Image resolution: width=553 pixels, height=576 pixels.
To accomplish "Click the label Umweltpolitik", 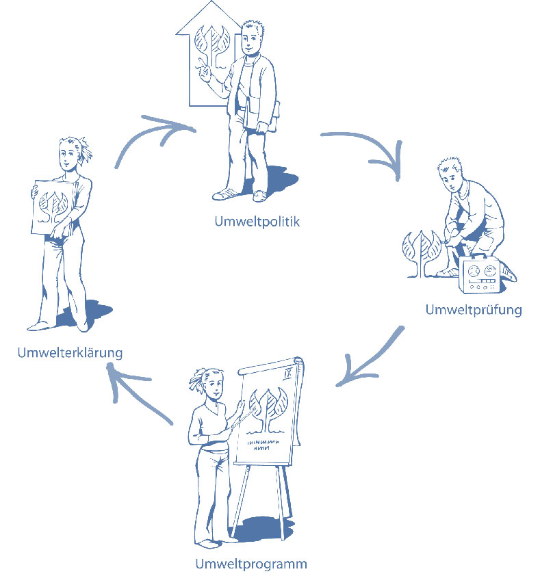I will [x=257, y=222].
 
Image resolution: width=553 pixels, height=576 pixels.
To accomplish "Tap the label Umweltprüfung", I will [x=473, y=309].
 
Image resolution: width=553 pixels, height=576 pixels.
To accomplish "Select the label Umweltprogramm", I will [x=250, y=564].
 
